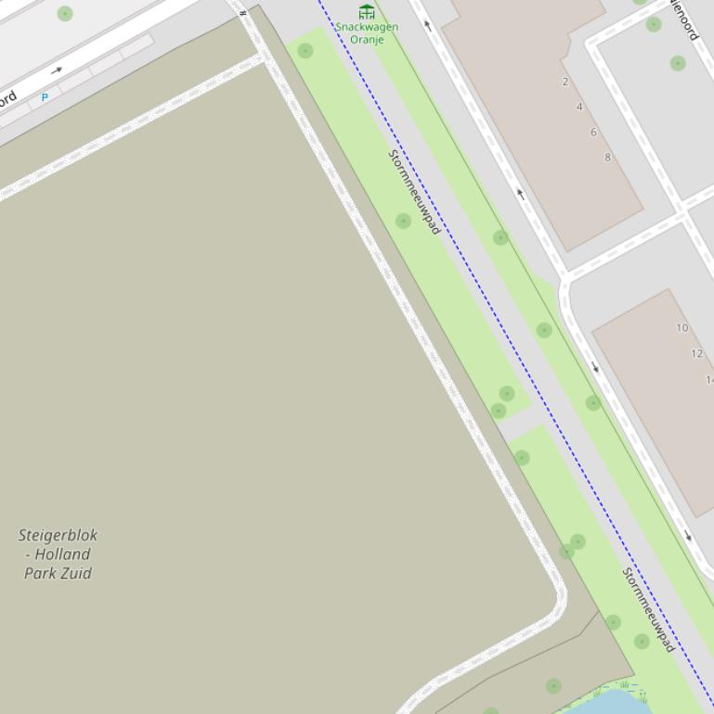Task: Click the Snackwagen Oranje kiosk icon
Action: (367, 11)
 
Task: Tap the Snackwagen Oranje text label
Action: (367, 32)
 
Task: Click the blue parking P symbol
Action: (45, 96)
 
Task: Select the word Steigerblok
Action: (58, 535)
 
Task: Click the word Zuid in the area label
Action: (76, 573)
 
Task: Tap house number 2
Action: (565, 82)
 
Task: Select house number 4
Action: (579, 107)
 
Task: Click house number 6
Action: (593, 132)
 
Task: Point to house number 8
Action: (608, 157)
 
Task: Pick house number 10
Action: (682, 327)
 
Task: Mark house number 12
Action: (696, 353)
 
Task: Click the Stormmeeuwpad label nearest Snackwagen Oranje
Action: (414, 192)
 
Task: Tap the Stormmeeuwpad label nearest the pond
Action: (648, 610)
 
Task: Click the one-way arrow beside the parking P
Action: (57, 70)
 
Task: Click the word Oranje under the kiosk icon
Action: (367, 39)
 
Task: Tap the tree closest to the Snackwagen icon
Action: (305, 50)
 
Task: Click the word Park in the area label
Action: (41, 573)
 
